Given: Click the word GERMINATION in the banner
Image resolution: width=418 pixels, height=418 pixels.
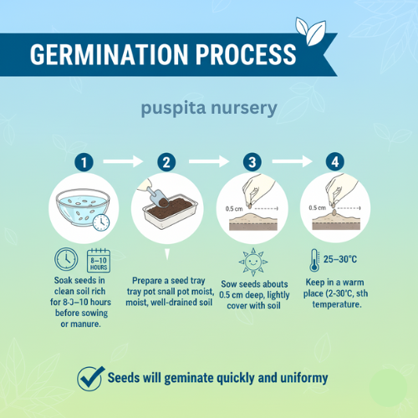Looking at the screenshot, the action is [109, 54].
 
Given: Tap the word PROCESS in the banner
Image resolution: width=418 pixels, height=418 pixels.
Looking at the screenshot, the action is [246, 54].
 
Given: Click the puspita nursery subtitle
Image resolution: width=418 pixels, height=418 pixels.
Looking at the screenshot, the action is [209, 108].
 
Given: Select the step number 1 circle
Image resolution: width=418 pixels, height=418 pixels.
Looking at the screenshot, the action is [84, 162].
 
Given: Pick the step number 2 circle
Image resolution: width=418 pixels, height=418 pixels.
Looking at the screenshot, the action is [166, 162].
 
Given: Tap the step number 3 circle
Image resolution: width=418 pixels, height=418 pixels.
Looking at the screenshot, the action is [252, 162].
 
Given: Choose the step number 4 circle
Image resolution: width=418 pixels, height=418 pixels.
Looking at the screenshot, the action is [335, 161].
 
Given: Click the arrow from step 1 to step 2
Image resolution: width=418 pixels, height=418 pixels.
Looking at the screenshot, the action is [123, 161].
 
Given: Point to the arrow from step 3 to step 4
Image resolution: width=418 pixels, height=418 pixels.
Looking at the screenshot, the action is [292, 161].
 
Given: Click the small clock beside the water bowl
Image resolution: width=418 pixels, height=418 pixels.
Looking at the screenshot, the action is [101, 222].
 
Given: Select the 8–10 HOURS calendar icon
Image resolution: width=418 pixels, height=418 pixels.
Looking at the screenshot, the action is [99, 260].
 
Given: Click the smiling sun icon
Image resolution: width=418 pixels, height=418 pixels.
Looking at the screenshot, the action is [253, 262].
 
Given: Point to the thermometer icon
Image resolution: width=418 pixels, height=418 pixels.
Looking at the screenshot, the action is [314, 260].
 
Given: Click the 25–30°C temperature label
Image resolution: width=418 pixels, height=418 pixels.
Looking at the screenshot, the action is [340, 259].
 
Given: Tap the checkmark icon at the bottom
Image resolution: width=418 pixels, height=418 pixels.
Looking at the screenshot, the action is [90, 379].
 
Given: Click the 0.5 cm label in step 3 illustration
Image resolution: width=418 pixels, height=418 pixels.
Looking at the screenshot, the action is [234, 209].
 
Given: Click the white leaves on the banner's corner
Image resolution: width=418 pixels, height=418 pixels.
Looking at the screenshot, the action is [311, 31].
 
